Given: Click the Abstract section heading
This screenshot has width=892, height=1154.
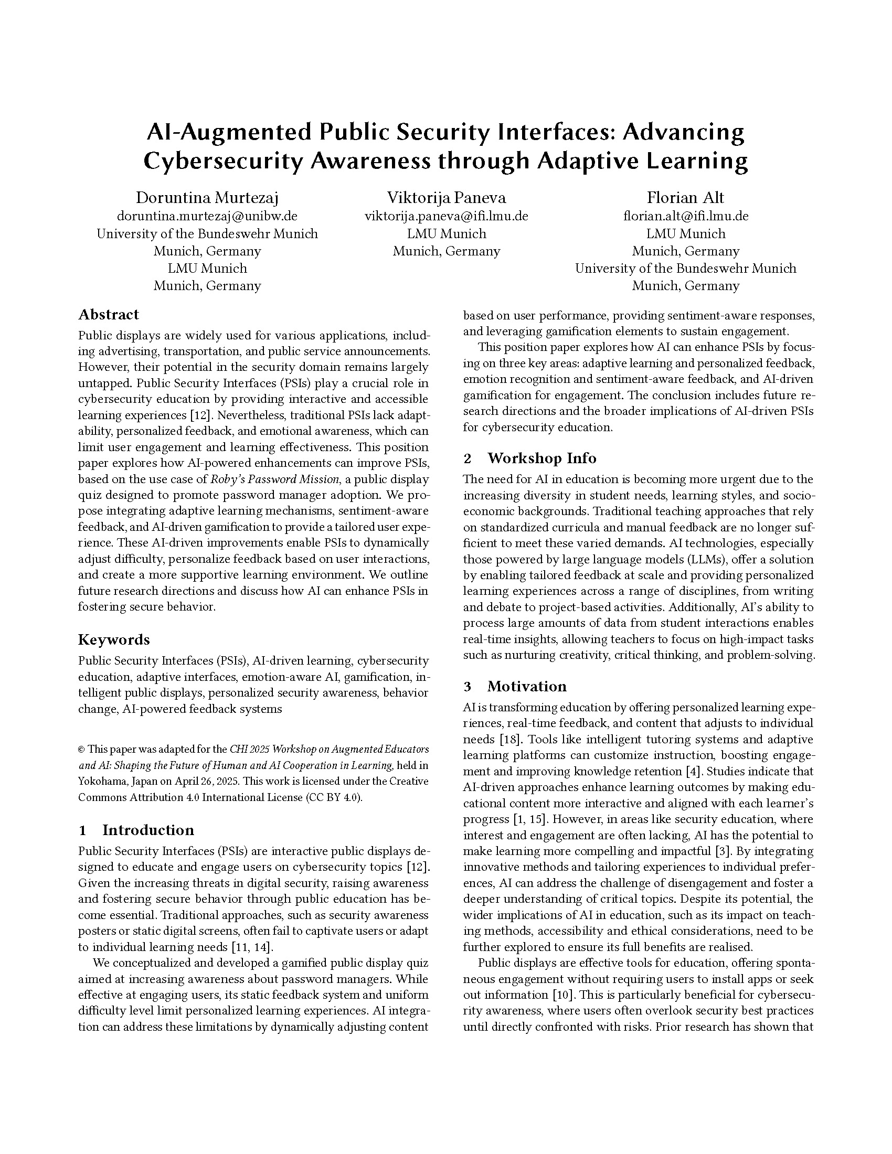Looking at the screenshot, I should coord(108,314).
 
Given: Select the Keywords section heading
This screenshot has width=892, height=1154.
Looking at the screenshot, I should coord(114,639).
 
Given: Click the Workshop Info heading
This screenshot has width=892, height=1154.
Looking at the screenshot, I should coord(541,458).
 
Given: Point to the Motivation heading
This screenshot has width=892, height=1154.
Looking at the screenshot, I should coord(526,687).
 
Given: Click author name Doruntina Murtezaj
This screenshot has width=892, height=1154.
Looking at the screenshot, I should coord(207,198).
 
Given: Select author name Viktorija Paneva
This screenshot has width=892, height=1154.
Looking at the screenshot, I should coord(446,198).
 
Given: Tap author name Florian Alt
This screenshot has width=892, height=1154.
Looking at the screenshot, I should coord(685,198).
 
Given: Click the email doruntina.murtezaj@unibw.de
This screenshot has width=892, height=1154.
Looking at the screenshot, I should coord(207,216).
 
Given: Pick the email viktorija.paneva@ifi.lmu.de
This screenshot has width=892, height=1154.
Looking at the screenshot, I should coord(446,216).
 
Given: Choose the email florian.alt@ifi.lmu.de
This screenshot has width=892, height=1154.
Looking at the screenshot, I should coord(685,216).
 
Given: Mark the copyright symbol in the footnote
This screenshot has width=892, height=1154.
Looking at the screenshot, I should coord(81,749).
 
